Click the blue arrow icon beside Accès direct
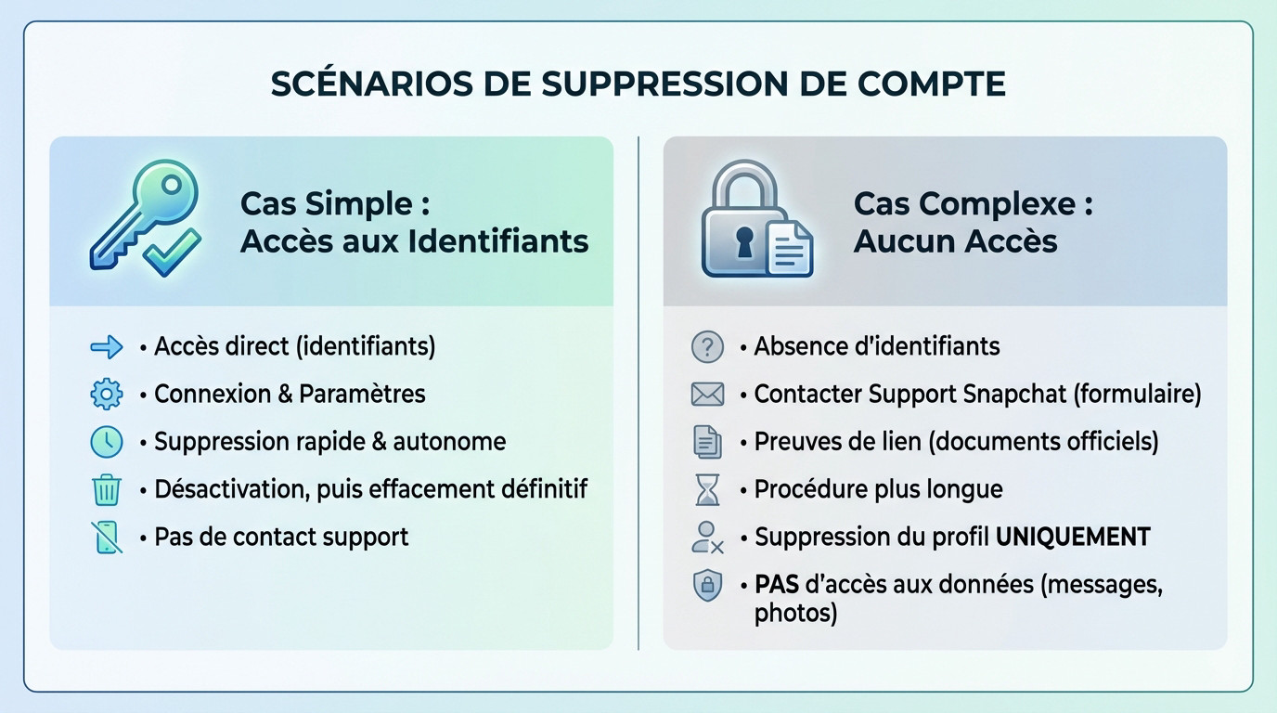[x=107, y=347]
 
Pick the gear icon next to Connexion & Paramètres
[x=107, y=395]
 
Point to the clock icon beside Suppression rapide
[x=107, y=442]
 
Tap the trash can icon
[x=107, y=489]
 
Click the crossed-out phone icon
[x=107, y=538]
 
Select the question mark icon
[x=707, y=347]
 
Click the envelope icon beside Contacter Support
[x=707, y=395]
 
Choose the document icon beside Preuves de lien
[x=707, y=442]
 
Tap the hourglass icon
[x=707, y=489]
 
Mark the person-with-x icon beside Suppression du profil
[x=707, y=538]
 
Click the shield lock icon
[x=707, y=585]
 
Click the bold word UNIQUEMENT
[x=1073, y=537]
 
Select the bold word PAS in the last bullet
[x=775, y=585]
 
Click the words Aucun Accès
[x=955, y=241]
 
